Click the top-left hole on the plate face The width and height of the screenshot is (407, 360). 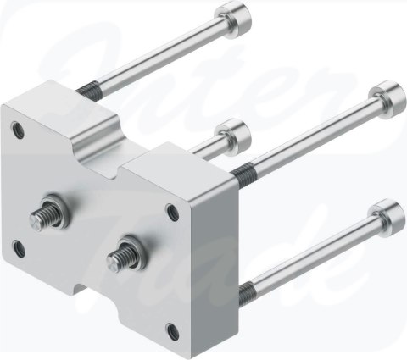coord(18,129)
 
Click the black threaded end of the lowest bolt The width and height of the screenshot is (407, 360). coord(247,293)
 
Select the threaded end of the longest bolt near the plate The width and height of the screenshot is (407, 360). coord(241,174)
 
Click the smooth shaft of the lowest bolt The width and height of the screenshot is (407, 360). coord(314,253)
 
